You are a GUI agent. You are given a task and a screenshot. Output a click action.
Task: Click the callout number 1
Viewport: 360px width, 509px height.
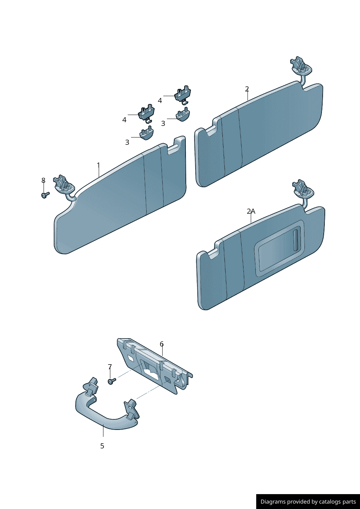[x=98, y=165]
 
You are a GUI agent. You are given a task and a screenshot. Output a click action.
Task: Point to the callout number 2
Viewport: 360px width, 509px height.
[x=247, y=89]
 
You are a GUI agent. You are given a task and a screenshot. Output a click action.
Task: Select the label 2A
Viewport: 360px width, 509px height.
[x=251, y=212]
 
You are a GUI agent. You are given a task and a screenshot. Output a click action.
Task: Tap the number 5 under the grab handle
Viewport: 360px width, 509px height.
[x=102, y=446]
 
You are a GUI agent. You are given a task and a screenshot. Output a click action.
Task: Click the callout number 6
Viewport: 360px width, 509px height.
[x=161, y=344]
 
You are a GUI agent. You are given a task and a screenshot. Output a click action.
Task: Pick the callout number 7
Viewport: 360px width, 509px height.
[x=110, y=367]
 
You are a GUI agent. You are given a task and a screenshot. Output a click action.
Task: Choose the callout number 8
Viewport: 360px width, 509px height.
[x=44, y=180]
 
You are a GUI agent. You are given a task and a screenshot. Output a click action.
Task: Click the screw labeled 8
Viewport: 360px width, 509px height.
[x=45, y=195]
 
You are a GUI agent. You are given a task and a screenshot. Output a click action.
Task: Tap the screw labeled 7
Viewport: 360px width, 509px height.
[x=112, y=381]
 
